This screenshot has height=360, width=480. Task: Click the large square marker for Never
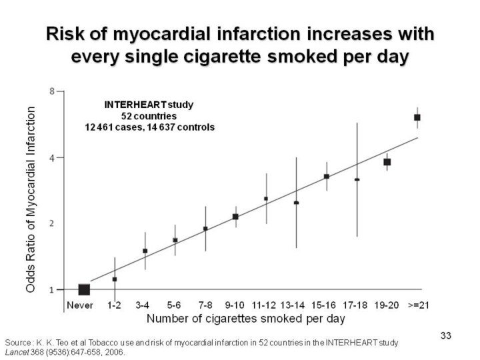(84, 289)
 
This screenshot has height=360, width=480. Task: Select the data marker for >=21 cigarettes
(417, 117)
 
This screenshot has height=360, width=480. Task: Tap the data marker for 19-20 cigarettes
(387, 162)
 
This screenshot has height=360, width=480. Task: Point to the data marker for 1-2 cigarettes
(115, 279)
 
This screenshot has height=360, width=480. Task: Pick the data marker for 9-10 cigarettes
(235, 217)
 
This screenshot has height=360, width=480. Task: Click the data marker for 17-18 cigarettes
(357, 179)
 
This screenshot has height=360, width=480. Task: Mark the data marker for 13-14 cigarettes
(296, 203)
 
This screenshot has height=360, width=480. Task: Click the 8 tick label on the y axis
(52, 91)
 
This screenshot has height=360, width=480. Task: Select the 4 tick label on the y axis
(52, 158)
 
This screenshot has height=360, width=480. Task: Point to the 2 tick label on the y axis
(52, 223)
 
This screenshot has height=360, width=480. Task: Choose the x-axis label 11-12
(265, 305)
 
